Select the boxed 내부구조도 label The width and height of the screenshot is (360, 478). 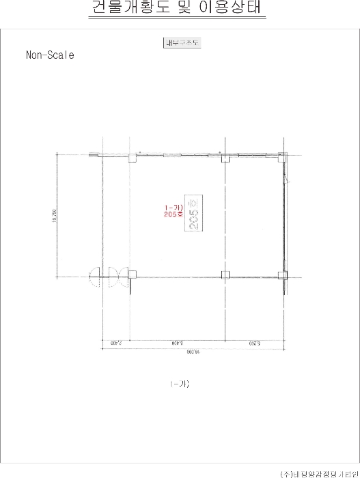point(180,42)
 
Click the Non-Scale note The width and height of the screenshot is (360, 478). point(50,55)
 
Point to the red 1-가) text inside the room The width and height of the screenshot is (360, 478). point(173,206)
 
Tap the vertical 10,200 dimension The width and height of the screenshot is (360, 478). point(54,215)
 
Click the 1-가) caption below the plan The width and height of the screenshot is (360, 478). point(180,384)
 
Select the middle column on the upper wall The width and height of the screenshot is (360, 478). point(224,158)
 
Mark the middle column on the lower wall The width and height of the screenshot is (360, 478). point(224,275)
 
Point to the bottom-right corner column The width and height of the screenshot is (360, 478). point(281,275)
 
